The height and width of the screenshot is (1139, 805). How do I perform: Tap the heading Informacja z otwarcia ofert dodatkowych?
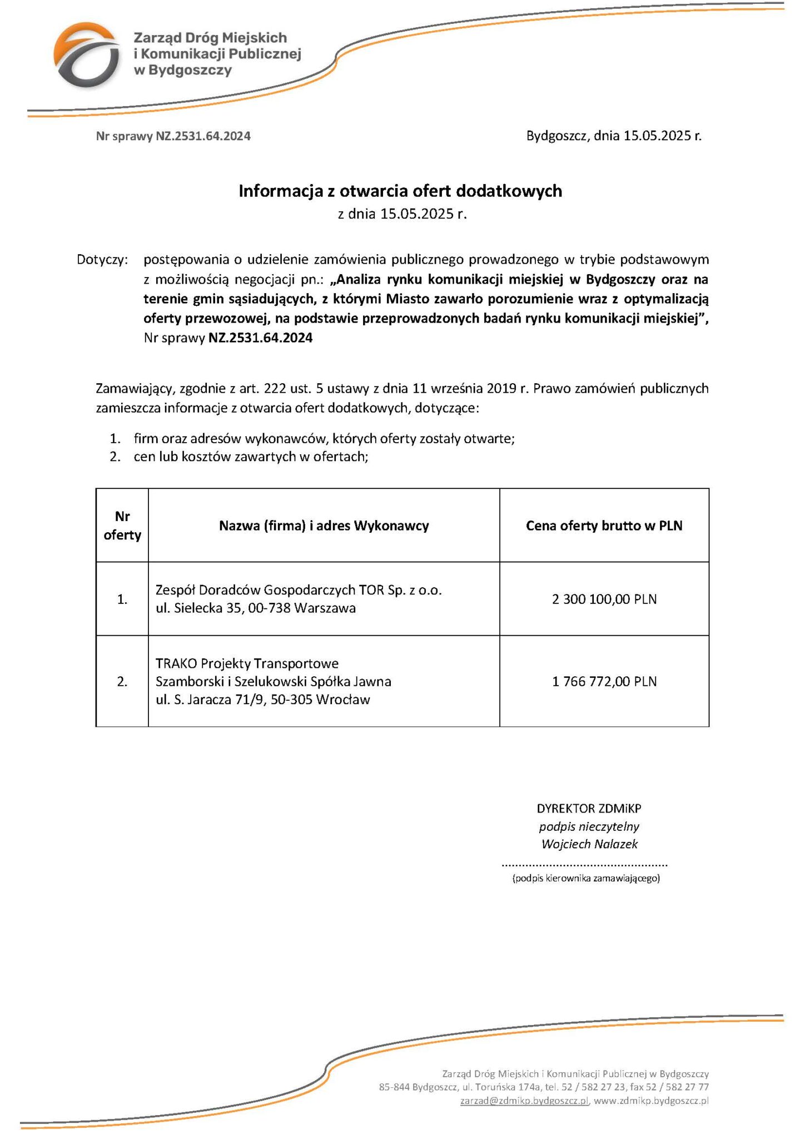pos(400,191)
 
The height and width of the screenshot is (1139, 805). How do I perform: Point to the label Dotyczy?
pos(102,260)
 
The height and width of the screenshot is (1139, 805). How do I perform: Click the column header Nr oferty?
pos(122,526)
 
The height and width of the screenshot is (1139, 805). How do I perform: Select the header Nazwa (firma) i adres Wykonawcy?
pos(324,526)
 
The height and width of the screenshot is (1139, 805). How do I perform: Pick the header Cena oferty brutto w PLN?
pos(604,526)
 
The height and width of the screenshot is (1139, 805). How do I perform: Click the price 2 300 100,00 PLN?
pos(604,599)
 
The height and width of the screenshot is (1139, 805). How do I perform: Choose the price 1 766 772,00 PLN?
pos(604,681)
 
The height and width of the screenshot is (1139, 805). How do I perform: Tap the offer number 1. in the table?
pos(122,600)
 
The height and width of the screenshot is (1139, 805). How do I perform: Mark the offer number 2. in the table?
pos(122,682)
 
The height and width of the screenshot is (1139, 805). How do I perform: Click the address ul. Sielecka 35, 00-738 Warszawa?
pos(256,608)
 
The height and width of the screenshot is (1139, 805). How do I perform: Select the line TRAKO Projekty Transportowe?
pos(247,663)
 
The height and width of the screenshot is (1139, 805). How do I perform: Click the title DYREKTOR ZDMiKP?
pos(589,809)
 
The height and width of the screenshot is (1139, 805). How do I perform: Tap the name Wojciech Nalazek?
pos(589,844)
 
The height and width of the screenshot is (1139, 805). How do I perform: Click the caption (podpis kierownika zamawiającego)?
pos(586,879)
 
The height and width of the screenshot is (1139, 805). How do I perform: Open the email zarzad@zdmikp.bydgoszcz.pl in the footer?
pos(524,1101)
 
